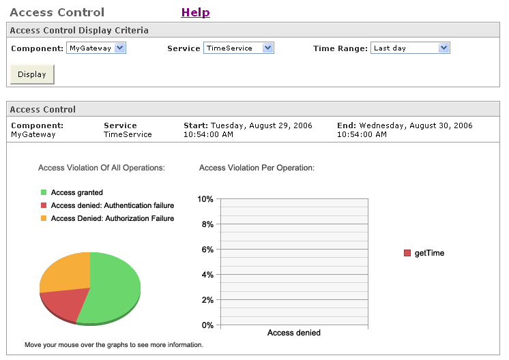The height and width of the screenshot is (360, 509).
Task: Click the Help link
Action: click(x=195, y=12)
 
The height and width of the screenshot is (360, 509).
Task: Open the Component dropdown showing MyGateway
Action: click(x=96, y=48)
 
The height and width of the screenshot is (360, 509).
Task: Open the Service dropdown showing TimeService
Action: click(x=238, y=48)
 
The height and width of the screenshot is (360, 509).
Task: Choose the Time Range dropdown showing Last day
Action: click(x=410, y=48)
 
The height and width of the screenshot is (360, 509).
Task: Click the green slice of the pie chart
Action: click(x=112, y=286)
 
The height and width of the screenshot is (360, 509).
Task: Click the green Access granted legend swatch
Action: click(x=44, y=193)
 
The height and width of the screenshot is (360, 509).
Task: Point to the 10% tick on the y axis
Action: click(x=205, y=199)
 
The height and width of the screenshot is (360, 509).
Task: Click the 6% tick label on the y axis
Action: click(x=207, y=250)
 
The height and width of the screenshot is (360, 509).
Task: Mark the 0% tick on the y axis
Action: click(x=207, y=325)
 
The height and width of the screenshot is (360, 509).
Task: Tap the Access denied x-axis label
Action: click(x=293, y=333)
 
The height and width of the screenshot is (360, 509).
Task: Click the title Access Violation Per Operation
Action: click(x=257, y=167)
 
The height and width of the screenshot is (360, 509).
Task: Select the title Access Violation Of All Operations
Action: click(x=102, y=167)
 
